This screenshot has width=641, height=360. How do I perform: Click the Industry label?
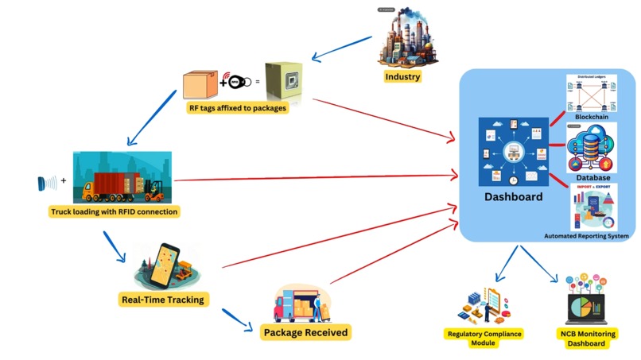tap(402, 77)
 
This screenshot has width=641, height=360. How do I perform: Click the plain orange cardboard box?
tap(199, 84)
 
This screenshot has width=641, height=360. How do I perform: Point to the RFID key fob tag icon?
tap(241, 80)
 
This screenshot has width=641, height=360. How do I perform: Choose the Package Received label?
tap(305, 331)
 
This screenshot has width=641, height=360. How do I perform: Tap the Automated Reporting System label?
tap(586, 236)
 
